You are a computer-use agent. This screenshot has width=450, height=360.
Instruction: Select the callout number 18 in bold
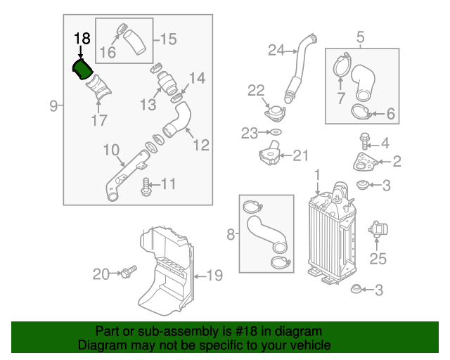82,39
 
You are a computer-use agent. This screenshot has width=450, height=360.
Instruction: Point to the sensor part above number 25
378,230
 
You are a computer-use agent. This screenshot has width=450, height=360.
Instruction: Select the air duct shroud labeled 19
167,274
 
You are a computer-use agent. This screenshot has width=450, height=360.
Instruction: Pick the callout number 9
53,106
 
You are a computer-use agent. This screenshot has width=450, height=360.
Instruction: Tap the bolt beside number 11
147,186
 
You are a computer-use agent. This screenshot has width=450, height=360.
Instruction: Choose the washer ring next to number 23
276,132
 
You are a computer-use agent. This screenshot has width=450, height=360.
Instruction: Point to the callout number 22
255,89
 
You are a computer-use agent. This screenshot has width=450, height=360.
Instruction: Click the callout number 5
360,36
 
